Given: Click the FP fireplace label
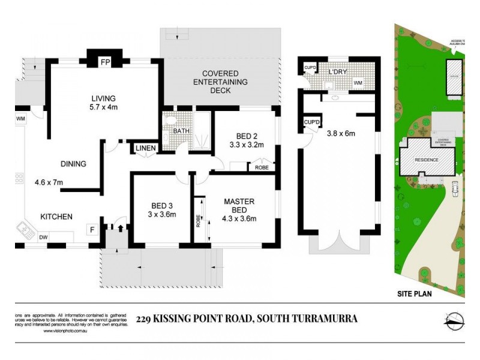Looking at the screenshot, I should pyautogui.click(x=105, y=62).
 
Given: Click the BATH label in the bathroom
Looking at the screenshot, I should pyautogui.click(x=181, y=131).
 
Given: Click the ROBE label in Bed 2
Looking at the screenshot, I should pyautogui.click(x=262, y=168).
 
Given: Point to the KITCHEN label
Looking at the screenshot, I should pyautogui.click(x=56, y=217).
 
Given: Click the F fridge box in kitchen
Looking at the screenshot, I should pyautogui.click(x=92, y=229).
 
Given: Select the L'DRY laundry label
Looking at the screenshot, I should pyautogui.click(x=339, y=73).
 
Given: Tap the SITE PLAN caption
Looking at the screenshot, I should pyautogui.click(x=414, y=294).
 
